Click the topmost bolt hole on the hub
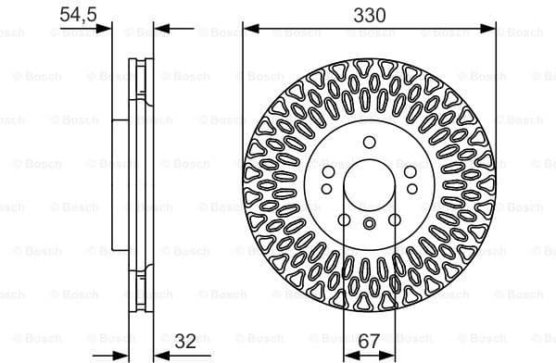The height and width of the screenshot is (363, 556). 369,142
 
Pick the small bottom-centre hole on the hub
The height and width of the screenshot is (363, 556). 369,222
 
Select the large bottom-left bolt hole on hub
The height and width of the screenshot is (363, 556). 343,219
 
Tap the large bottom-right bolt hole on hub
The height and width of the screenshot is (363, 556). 395,219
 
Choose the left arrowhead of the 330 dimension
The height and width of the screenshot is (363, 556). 247,28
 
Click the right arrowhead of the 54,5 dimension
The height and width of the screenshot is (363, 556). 160,28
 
